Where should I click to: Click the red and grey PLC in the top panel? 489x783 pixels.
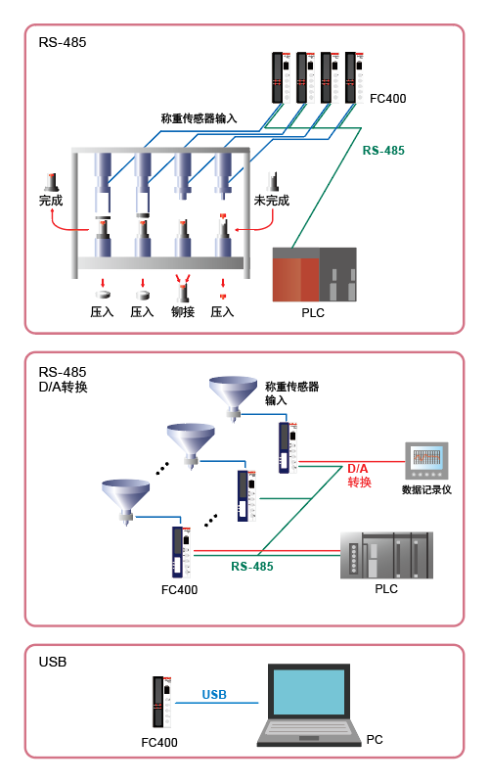pyautogui.click(x=314, y=275)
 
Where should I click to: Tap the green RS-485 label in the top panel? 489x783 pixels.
pyautogui.click(x=383, y=151)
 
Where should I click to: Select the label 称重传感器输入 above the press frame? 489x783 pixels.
pyautogui.click(x=199, y=118)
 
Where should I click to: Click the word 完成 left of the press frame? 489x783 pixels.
pyautogui.click(x=51, y=201)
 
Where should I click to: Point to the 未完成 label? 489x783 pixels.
pyautogui.click(x=272, y=201)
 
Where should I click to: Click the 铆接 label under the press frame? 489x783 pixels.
pyautogui.click(x=183, y=312)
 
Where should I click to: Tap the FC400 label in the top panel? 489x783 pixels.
pyautogui.click(x=387, y=99)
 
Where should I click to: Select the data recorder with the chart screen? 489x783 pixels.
pyautogui.click(x=426, y=460)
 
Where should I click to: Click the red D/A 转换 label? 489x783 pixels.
pyautogui.click(x=359, y=476)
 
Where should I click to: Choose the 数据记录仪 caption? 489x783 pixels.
pyautogui.click(x=426, y=490)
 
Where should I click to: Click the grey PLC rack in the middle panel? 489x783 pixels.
pyautogui.click(x=386, y=555)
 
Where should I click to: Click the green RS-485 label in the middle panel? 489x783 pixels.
pyautogui.click(x=252, y=567)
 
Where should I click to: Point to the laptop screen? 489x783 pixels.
pyautogui.click(x=309, y=692)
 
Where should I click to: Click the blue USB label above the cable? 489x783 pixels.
pyautogui.click(x=214, y=695)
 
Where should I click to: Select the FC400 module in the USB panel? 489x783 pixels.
pyautogui.click(x=162, y=702)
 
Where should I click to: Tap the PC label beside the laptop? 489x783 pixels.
pyautogui.click(x=375, y=740)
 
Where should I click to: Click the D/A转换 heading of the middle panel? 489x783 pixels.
pyautogui.click(x=63, y=387)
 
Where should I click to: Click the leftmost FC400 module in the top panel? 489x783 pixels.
pyautogui.click(x=281, y=78)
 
